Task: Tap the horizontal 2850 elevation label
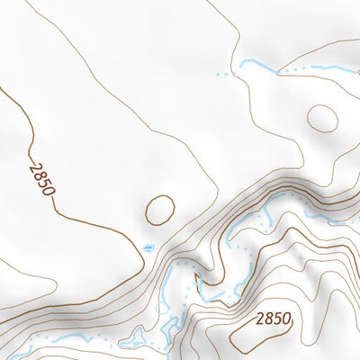274,318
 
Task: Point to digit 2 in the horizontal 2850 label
261,318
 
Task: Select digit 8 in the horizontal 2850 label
269,318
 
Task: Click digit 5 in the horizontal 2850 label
277,318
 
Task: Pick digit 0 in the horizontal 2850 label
286,318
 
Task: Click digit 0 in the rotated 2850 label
49,190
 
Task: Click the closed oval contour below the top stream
322,117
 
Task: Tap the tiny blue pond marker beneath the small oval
148,247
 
